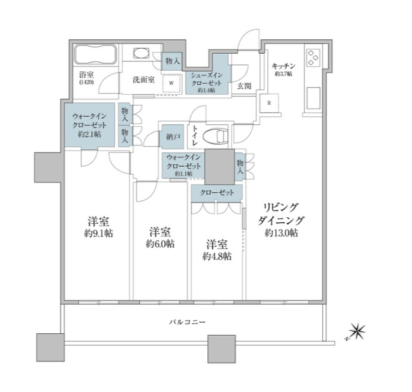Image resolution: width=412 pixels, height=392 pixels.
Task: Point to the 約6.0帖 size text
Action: pos(160,243)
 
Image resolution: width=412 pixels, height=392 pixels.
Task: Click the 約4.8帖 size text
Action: pos(217,256)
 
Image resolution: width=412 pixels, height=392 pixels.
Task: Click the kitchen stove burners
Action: pos(312,57)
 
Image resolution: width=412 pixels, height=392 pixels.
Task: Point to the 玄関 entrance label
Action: pos(244,87)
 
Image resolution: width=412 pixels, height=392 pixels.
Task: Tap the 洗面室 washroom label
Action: pos(144,80)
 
